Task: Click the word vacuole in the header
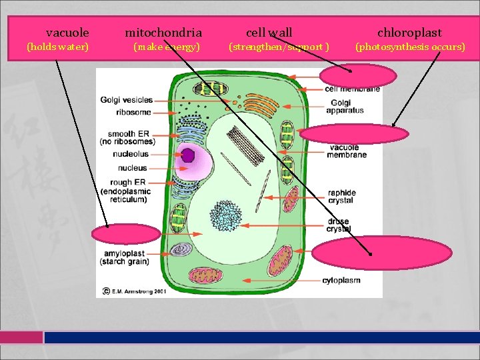click(x=67, y=32)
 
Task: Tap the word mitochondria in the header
click(x=163, y=32)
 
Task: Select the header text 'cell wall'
click(x=269, y=32)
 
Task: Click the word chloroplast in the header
click(x=409, y=32)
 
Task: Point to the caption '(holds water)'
click(x=57, y=47)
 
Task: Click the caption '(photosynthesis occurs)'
click(x=410, y=47)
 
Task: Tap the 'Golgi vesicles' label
click(x=127, y=100)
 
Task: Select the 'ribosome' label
click(x=133, y=112)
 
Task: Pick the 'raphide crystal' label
click(x=341, y=196)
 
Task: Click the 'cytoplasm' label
click(x=341, y=280)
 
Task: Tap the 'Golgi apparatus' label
click(x=345, y=106)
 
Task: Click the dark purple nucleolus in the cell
click(x=188, y=155)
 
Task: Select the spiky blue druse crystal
click(x=225, y=216)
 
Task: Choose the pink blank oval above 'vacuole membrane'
click(x=353, y=134)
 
